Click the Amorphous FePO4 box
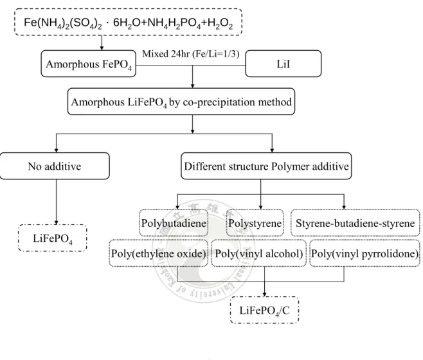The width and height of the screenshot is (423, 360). pos(89,64)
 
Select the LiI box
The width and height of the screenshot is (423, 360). pos(283,64)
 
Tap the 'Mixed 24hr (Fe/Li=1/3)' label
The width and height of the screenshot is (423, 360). pos(191,54)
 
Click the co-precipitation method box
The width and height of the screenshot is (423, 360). pos(181,102)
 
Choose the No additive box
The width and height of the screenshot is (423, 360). pos(55,166)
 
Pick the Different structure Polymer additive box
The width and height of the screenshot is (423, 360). pos(266,166)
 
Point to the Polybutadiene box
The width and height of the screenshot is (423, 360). pos(174,223)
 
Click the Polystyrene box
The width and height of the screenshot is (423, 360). pos(255,223)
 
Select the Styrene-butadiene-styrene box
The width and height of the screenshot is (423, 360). pos(355,223)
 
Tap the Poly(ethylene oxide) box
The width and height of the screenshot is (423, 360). pos(159,253)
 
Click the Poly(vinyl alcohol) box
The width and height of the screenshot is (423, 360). pos(258,253)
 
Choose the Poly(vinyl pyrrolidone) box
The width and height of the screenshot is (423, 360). pos(364,253)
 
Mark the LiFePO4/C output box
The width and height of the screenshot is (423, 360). pos(264,310)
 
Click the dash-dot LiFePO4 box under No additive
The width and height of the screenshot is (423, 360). pos(53,238)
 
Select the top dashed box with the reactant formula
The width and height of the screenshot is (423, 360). pos(128,22)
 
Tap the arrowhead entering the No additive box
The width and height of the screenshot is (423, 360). pos(56,150)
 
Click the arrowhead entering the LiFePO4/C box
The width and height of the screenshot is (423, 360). pos(264,294)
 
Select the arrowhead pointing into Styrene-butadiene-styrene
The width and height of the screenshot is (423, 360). pos(344,207)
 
